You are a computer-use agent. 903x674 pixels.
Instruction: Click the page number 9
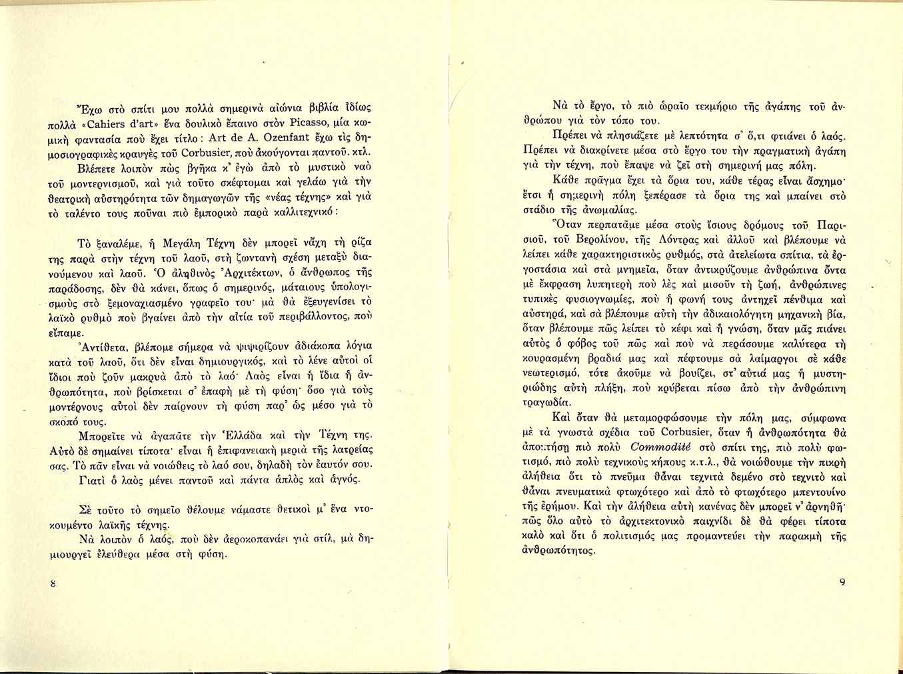click(x=842, y=582)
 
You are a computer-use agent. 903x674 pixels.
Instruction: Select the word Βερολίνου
click(x=598, y=240)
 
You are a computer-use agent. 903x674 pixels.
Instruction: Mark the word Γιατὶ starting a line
click(x=93, y=480)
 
